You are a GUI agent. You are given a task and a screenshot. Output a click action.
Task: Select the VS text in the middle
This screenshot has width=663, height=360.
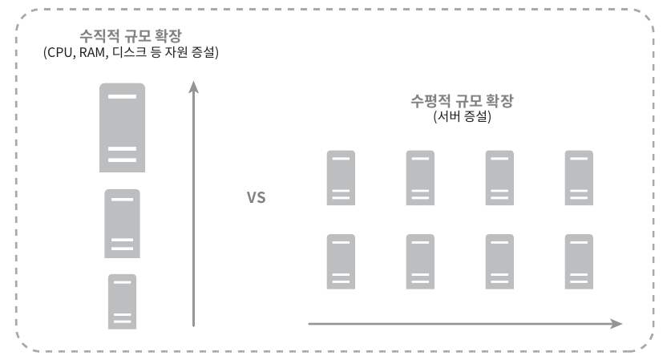[255, 196]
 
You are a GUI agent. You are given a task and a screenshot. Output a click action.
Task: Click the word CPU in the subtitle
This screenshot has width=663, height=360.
[61, 54]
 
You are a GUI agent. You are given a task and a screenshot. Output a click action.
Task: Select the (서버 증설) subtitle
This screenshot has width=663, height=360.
[461, 117]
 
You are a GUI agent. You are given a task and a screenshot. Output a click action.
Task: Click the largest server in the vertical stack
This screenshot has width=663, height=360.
[122, 127]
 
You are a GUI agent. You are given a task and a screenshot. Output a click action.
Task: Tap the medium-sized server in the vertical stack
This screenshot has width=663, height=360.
[122, 223]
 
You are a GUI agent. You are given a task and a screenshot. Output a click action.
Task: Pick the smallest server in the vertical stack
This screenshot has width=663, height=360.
[122, 301]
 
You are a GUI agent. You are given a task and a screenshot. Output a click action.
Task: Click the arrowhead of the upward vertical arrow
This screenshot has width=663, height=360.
[193, 85]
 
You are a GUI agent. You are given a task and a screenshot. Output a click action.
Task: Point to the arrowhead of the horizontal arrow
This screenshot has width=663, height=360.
[616, 324]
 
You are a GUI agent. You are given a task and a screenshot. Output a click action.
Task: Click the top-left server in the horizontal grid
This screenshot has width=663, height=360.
[341, 178]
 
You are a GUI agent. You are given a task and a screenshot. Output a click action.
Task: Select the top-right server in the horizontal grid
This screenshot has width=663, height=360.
[579, 178]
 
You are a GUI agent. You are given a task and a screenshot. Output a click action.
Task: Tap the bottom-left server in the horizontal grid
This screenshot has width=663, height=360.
[341, 261]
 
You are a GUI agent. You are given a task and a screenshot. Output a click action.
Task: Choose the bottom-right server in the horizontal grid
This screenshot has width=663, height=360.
[579, 261]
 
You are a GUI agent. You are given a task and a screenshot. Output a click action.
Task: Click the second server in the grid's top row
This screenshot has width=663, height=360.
[420, 178]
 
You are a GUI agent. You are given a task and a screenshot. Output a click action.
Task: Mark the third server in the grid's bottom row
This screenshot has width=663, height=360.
[499, 261]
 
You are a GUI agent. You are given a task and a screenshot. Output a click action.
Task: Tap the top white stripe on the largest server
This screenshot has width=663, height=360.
[122, 97]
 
